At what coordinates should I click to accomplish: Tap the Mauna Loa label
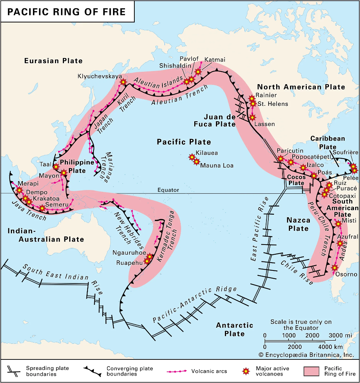(x=217, y=165)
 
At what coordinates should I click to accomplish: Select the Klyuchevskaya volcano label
(x=100, y=76)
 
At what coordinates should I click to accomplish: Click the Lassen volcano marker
(x=253, y=117)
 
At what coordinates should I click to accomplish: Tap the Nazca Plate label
(x=298, y=224)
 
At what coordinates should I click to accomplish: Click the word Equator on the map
(x=168, y=190)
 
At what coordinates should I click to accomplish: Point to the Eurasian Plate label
(x=54, y=61)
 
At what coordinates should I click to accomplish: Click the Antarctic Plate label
(x=235, y=329)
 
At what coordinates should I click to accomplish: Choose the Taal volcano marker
(x=56, y=167)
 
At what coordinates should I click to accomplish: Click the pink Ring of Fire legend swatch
(x=311, y=371)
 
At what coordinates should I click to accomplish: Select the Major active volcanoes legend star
(x=246, y=371)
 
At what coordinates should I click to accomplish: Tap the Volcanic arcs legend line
(x=176, y=371)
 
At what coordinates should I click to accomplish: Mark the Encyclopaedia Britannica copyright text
(x=306, y=355)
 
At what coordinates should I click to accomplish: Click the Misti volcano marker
(x=338, y=224)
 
